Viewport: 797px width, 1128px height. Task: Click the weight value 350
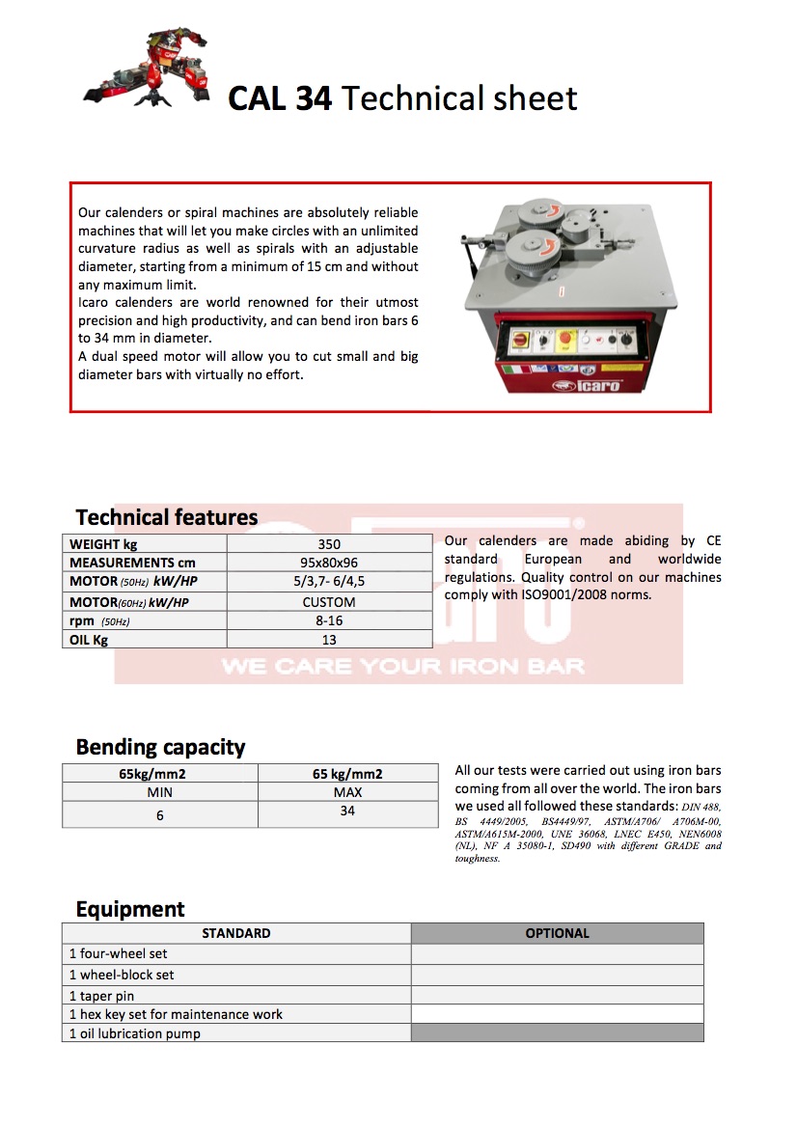[328, 544]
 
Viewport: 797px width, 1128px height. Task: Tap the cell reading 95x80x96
[328, 563]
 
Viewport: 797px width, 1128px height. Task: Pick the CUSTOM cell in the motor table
[328, 602]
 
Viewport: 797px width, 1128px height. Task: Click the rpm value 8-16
[328, 620]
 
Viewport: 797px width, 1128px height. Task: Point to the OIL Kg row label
[89, 640]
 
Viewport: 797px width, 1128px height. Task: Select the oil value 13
[328, 640]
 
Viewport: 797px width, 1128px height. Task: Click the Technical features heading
[166, 517]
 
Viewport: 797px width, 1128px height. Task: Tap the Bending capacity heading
[160, 747]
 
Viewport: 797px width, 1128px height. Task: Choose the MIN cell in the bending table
[159, 792]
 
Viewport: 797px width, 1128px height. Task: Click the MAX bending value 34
[347, 812]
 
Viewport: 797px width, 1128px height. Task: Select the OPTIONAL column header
[557, 933]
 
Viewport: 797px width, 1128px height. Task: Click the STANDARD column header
[235, 933]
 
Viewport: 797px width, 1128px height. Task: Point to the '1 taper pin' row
[101, 995]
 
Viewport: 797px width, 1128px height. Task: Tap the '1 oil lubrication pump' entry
[135, 1033]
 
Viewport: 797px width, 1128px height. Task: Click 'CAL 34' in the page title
[280, 98]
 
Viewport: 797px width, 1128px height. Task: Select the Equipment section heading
[130, 909]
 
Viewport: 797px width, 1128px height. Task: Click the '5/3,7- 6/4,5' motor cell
[328, 582]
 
